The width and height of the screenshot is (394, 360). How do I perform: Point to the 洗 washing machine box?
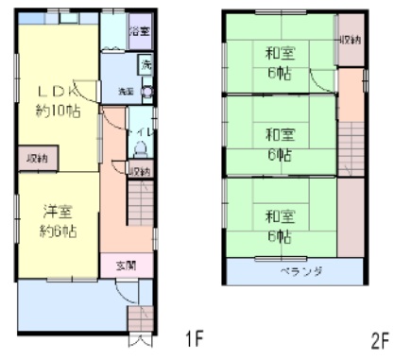pyautogui.click(x=146, y=65)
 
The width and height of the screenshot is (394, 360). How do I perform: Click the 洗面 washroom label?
pyautogui.click(x=126, y=92)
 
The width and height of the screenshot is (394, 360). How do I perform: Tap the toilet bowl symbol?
pyautogui.click(x=141, y=147)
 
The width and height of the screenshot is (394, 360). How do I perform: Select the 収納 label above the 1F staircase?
pyautogui.click(x=140, y=171)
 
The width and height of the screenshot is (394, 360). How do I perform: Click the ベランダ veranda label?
pyautogui.click(x=296, y=271)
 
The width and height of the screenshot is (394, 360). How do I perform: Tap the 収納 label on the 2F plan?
pyautogui.click(x=351, y=41)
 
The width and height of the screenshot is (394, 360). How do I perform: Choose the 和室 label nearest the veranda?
pyautogui.click(x=278, y=214)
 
